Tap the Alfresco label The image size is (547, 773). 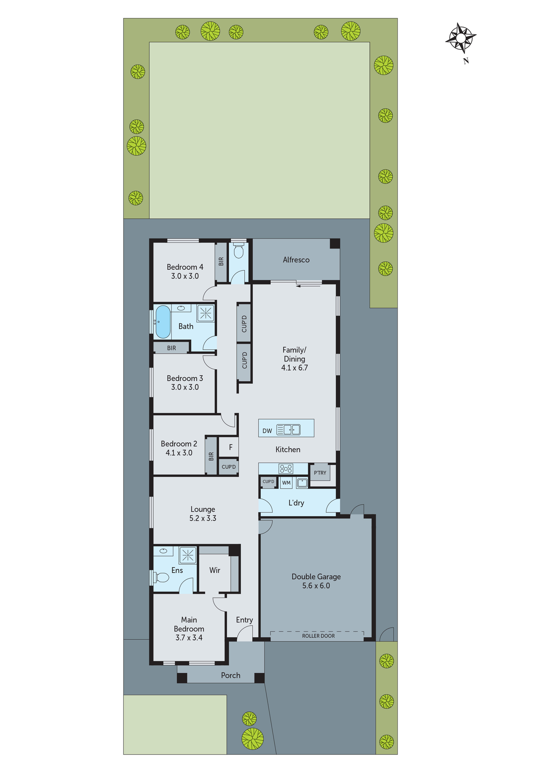(x=296, y=260)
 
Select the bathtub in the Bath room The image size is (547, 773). (x=163, y=322)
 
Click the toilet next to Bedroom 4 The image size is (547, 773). (x=239, y=251)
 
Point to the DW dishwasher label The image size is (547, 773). (x=267, y=431)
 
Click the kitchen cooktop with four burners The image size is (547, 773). (x=286, y=469)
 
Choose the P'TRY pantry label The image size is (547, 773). (x=320, y=473)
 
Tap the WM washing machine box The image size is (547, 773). (x=286, y=483)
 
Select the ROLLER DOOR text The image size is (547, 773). (x=318, y=636)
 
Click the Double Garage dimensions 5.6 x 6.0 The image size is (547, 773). (x=316, y=586)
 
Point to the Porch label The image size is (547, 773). (x=231, y=675)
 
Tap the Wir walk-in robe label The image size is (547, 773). (x=215, y=570)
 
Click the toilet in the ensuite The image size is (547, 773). (x=162, y=577)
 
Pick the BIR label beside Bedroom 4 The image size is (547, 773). (x=221, y=262)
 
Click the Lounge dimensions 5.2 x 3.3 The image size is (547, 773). (x=203, y=518)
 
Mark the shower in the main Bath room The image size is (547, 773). (x=206, y=313)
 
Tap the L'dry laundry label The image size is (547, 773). (x=296, y=503)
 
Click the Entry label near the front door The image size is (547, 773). (x=244, y=620)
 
